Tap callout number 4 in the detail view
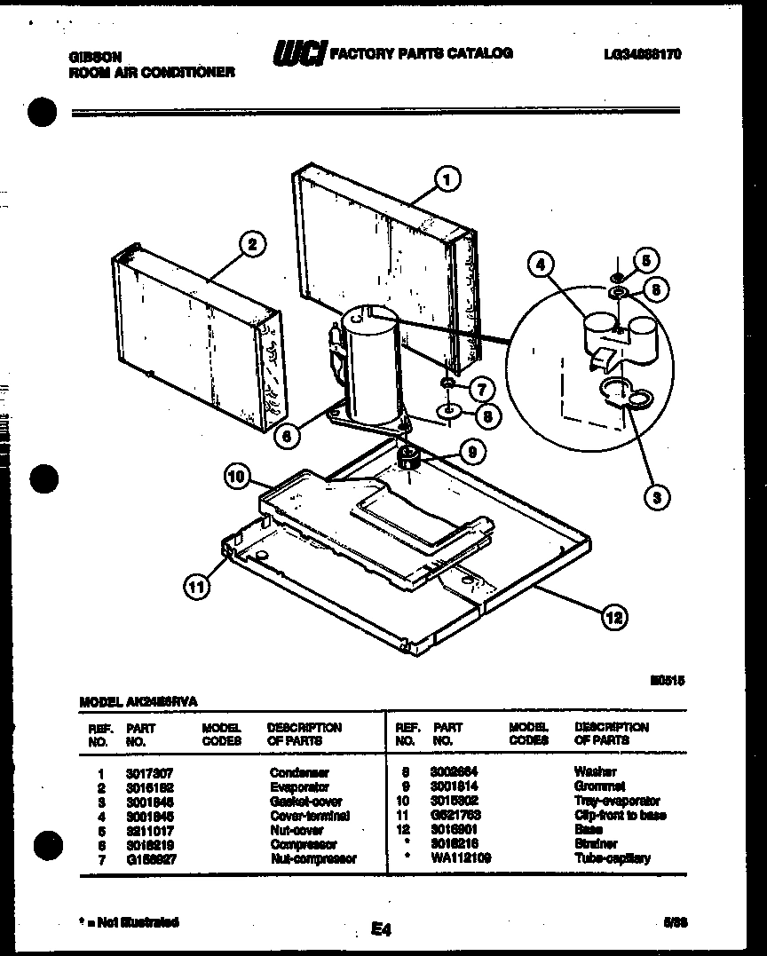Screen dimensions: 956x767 click(537, 264)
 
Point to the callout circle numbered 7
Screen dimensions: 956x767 click(480, 387)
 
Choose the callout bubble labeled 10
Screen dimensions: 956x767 click(236, 476)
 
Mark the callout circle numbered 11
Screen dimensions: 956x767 click(197, 585)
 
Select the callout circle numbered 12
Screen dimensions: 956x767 click(613, 616)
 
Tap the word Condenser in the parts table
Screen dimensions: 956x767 click(299, 772)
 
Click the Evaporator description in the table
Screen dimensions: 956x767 click(299, 786)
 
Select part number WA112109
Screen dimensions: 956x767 click(460, 857)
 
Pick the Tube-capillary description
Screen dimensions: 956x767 click(612, 857)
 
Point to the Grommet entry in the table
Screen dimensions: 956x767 click(599, 786)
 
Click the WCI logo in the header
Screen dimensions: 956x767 click(299, 54)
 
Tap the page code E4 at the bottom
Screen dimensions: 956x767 click(381, 929)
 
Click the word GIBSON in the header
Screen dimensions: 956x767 click(94, 56)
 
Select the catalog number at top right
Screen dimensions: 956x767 click(640, 55)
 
